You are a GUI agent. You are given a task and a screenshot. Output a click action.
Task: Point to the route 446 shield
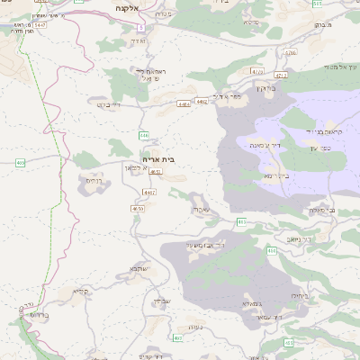tap(144, 134)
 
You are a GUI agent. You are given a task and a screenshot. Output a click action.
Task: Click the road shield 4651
tap(156, 171)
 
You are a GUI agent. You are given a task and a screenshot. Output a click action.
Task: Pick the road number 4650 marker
tap(138, 209)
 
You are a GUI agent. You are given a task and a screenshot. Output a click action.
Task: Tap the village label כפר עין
tap(320, 148)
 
